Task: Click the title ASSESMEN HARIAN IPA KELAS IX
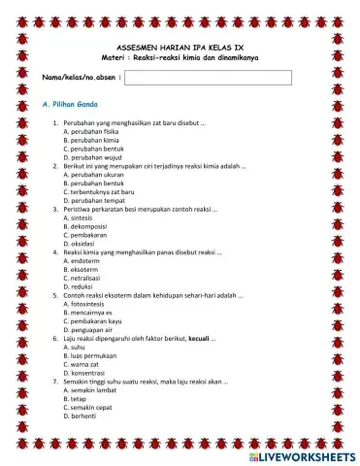click(180, 47)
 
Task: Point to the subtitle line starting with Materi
click(180, 57)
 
